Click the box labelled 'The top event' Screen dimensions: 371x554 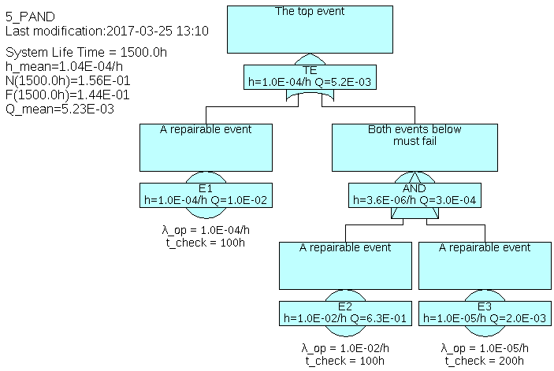(310, 31)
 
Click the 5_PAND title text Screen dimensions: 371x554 (30, 16)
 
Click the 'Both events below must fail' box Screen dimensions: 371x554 (415, 147)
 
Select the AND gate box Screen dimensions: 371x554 (415, 195)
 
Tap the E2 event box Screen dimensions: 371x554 (344, 313)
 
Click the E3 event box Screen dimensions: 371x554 (484, 313)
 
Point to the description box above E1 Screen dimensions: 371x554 (206, 147)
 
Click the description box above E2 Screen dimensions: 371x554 (344, 265)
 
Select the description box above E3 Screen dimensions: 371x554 (484, 265)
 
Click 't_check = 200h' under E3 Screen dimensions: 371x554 (484, 361)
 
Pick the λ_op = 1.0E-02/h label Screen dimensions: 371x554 (345, 348)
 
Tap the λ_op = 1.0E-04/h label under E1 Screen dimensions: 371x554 (206, 230)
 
